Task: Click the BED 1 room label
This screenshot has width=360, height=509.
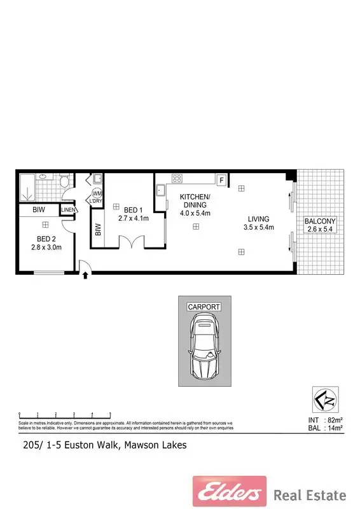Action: [x=133, y=209]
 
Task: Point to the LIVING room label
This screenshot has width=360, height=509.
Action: [x=258, y=218]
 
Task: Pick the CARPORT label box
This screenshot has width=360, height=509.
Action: [x=204, y=307]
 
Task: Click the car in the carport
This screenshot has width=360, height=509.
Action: [x=204, y=348]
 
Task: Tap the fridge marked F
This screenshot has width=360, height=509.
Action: [x=222, y=179]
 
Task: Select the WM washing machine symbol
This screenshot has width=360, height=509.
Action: [x=97, y=193]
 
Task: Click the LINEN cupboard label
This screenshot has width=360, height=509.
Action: [x=69, y=210]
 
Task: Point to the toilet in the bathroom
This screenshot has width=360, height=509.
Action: [x=64, y=182]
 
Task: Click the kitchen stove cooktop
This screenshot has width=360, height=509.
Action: [x=177, y=179]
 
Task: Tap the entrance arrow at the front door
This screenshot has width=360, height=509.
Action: [x=83, y=277]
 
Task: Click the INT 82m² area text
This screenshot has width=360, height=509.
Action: [x=325, y=420]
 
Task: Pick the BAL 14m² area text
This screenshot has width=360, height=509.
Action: [x=325, y=428]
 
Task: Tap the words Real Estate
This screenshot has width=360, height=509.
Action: [x=310, y=494]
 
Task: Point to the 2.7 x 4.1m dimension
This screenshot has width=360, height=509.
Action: [x=133, y=218]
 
